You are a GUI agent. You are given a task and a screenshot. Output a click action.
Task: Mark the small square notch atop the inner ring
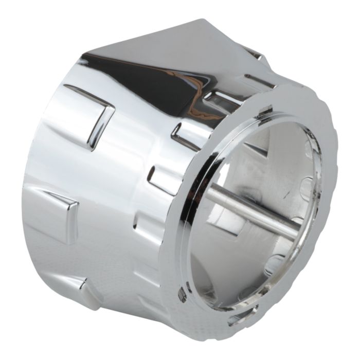point(266,110)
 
